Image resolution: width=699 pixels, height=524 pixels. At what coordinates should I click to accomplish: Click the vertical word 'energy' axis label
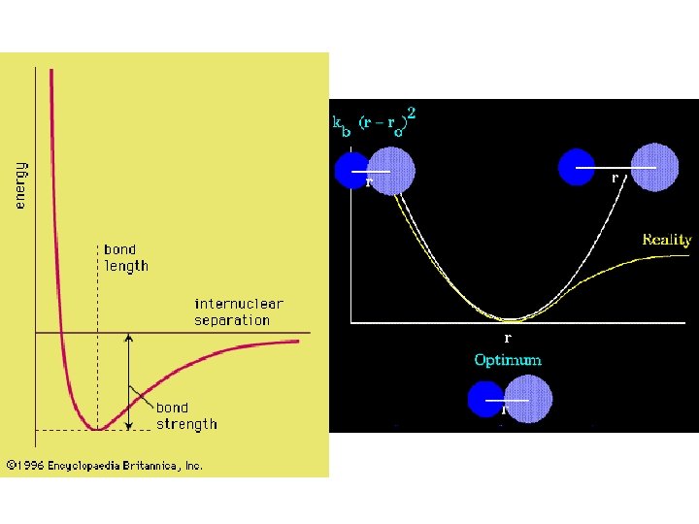tap(20, 184)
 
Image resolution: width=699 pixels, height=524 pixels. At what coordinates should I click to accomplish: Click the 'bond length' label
tap(126, 257)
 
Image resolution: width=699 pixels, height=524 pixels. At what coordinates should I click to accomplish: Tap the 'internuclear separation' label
tap(238, 311)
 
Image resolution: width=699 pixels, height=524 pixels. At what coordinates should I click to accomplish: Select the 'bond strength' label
tap(186, 415)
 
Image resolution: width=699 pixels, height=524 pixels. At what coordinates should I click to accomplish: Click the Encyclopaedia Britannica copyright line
tap(105, 466)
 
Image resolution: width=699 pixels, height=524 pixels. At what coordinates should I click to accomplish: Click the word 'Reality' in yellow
tap(666, 239)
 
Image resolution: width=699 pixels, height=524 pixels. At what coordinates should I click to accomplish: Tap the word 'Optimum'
tap(508, 360)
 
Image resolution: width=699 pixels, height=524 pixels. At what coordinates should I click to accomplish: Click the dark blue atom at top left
tap(351, 170)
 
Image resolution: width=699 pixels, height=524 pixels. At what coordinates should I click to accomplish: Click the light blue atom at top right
tap(653, 167)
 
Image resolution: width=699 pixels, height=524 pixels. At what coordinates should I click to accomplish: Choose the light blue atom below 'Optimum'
tap(529, 399)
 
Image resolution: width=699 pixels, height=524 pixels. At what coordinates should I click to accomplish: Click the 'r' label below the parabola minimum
tap(507, 338)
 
